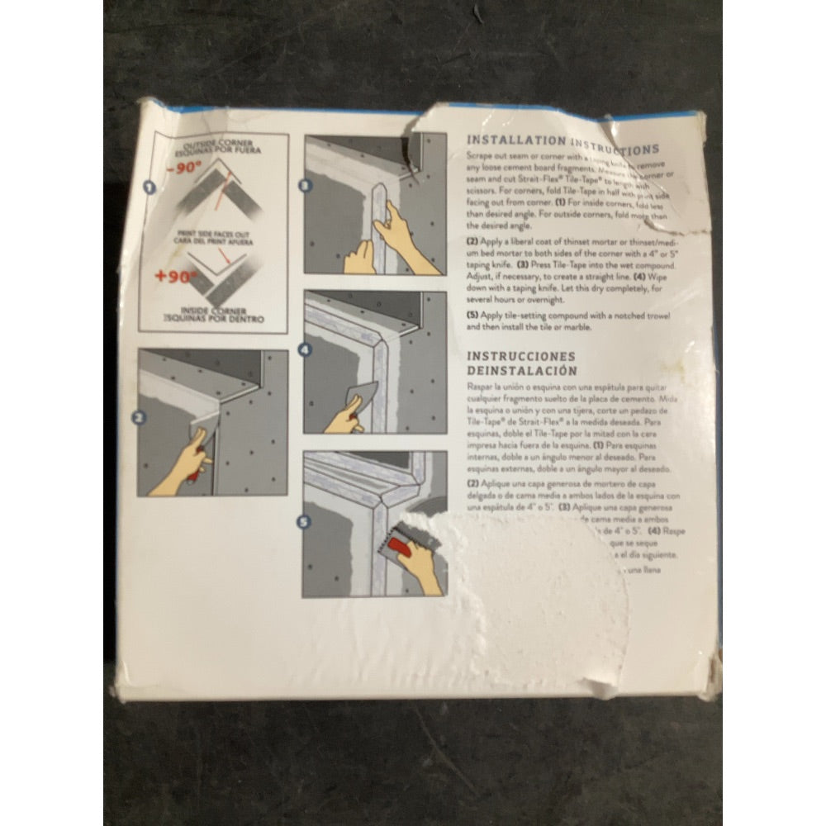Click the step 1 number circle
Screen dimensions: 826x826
[x=150, y=188]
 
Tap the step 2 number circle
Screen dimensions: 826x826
[x=140, y=419]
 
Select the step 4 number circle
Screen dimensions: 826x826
[x=305, y=349]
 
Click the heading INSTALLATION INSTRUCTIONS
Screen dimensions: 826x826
[x=563, y=145]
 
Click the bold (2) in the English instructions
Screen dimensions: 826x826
[x=473, y=240]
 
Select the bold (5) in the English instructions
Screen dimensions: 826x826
[x=473, y=316]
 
